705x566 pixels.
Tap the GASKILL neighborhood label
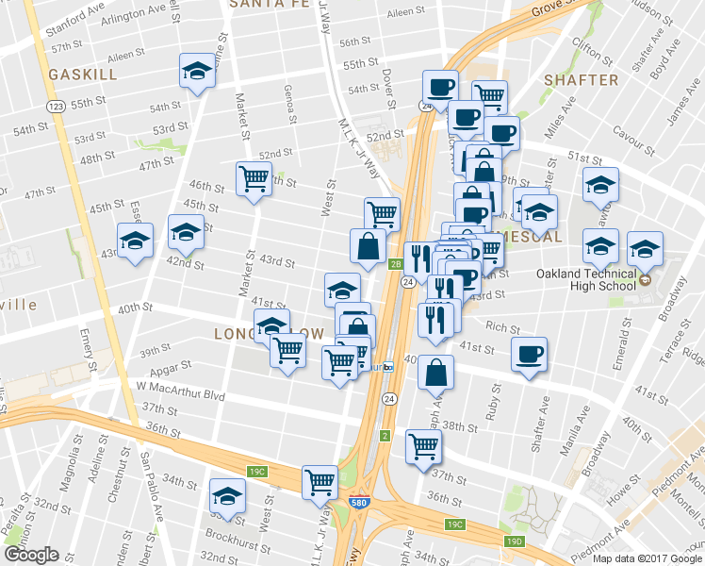pos(85,74)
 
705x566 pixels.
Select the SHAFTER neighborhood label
pos(581,81)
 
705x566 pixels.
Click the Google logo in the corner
pos(31,555)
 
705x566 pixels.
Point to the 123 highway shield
pos(57,108)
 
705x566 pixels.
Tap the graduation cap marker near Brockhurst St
pos(227,495)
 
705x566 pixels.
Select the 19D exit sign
pos(514,541)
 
